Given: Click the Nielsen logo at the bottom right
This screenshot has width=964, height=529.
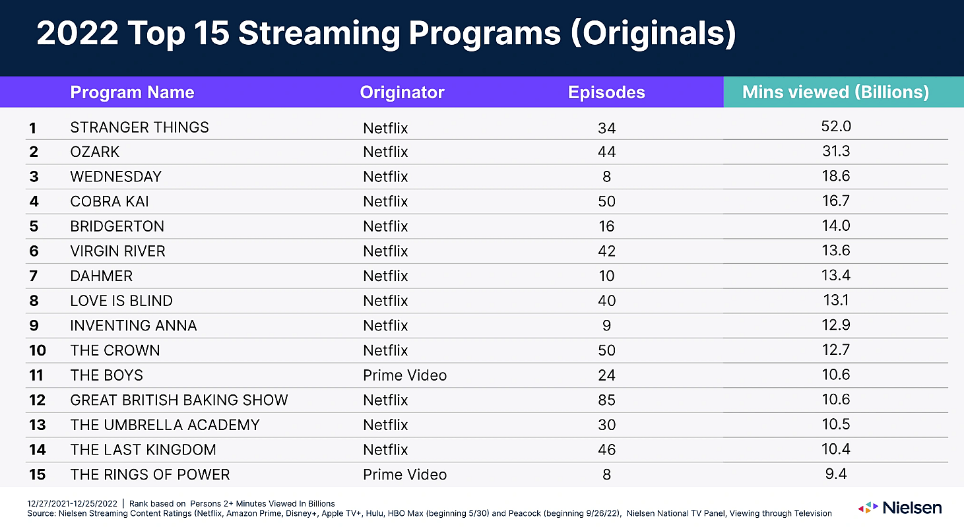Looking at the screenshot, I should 899,508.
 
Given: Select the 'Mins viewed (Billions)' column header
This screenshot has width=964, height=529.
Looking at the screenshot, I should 835,92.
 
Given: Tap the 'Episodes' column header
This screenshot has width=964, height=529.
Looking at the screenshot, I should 606,93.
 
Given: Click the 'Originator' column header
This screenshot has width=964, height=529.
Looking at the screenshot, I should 402,93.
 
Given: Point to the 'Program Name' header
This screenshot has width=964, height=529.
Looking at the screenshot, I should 132,93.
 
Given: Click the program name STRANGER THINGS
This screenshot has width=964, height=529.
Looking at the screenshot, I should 139,127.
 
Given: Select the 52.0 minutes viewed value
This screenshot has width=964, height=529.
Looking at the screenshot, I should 835,127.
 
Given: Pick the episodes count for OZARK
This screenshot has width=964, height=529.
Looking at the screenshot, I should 606,152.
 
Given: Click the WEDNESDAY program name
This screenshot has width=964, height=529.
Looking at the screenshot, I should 115,177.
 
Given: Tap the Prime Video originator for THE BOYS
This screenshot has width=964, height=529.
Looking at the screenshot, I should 404,375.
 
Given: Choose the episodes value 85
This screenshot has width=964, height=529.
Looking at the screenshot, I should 606,400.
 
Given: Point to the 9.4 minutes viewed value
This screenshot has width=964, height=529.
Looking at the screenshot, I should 835,474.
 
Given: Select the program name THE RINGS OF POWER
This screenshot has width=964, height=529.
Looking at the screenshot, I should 150,475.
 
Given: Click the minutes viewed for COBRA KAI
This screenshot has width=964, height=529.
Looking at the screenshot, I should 835,201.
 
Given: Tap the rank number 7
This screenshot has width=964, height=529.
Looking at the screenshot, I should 34,276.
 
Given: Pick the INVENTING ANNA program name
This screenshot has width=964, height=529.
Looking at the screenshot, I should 133,326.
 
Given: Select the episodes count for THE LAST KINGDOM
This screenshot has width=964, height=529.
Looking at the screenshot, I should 606,450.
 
